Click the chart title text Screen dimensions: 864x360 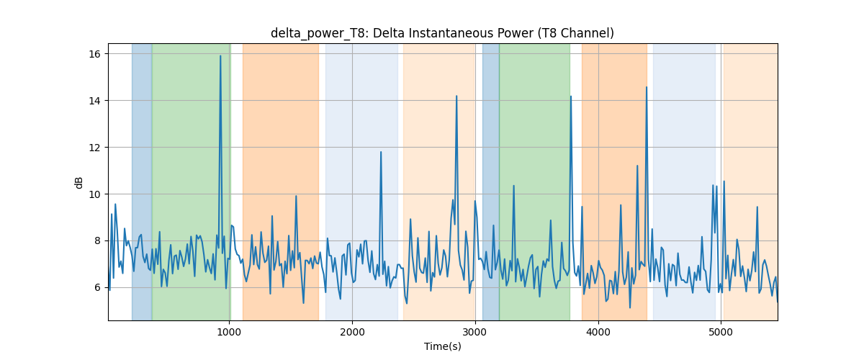pos(442,33)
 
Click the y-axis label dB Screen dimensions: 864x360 pos(78,183)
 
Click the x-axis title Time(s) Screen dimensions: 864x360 pos(442,346)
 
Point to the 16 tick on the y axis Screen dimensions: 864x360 pos(94,54)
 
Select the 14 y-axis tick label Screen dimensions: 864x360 pos(94,101)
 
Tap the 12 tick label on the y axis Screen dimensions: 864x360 pos(94,148)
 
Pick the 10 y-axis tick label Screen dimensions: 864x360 pos(94,194)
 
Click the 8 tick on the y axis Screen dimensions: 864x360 pos(97,240)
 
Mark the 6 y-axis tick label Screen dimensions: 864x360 pos(97,287)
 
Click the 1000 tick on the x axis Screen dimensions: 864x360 pos(229,332)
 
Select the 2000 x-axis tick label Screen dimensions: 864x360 pos(352,332)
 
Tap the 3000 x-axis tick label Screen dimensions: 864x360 pos(475,332)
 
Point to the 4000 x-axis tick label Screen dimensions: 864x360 pos(598,332)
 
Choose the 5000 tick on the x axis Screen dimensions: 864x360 pos(721,332)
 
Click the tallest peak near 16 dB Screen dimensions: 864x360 pos(220,56)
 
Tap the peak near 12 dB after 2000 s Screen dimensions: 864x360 pos(381,152)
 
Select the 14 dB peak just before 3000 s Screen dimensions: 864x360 pos(456,96)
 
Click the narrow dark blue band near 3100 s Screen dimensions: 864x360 pos(490,181)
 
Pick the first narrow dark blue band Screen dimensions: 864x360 pos(142,181)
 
